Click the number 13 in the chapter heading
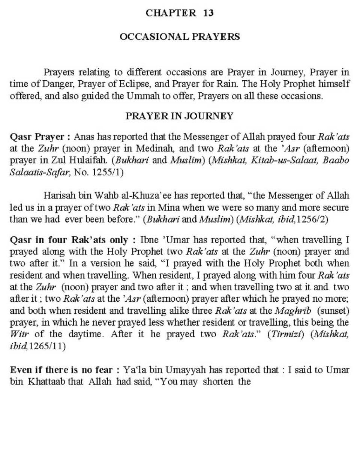point(208,13)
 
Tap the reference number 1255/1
point(107,172)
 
